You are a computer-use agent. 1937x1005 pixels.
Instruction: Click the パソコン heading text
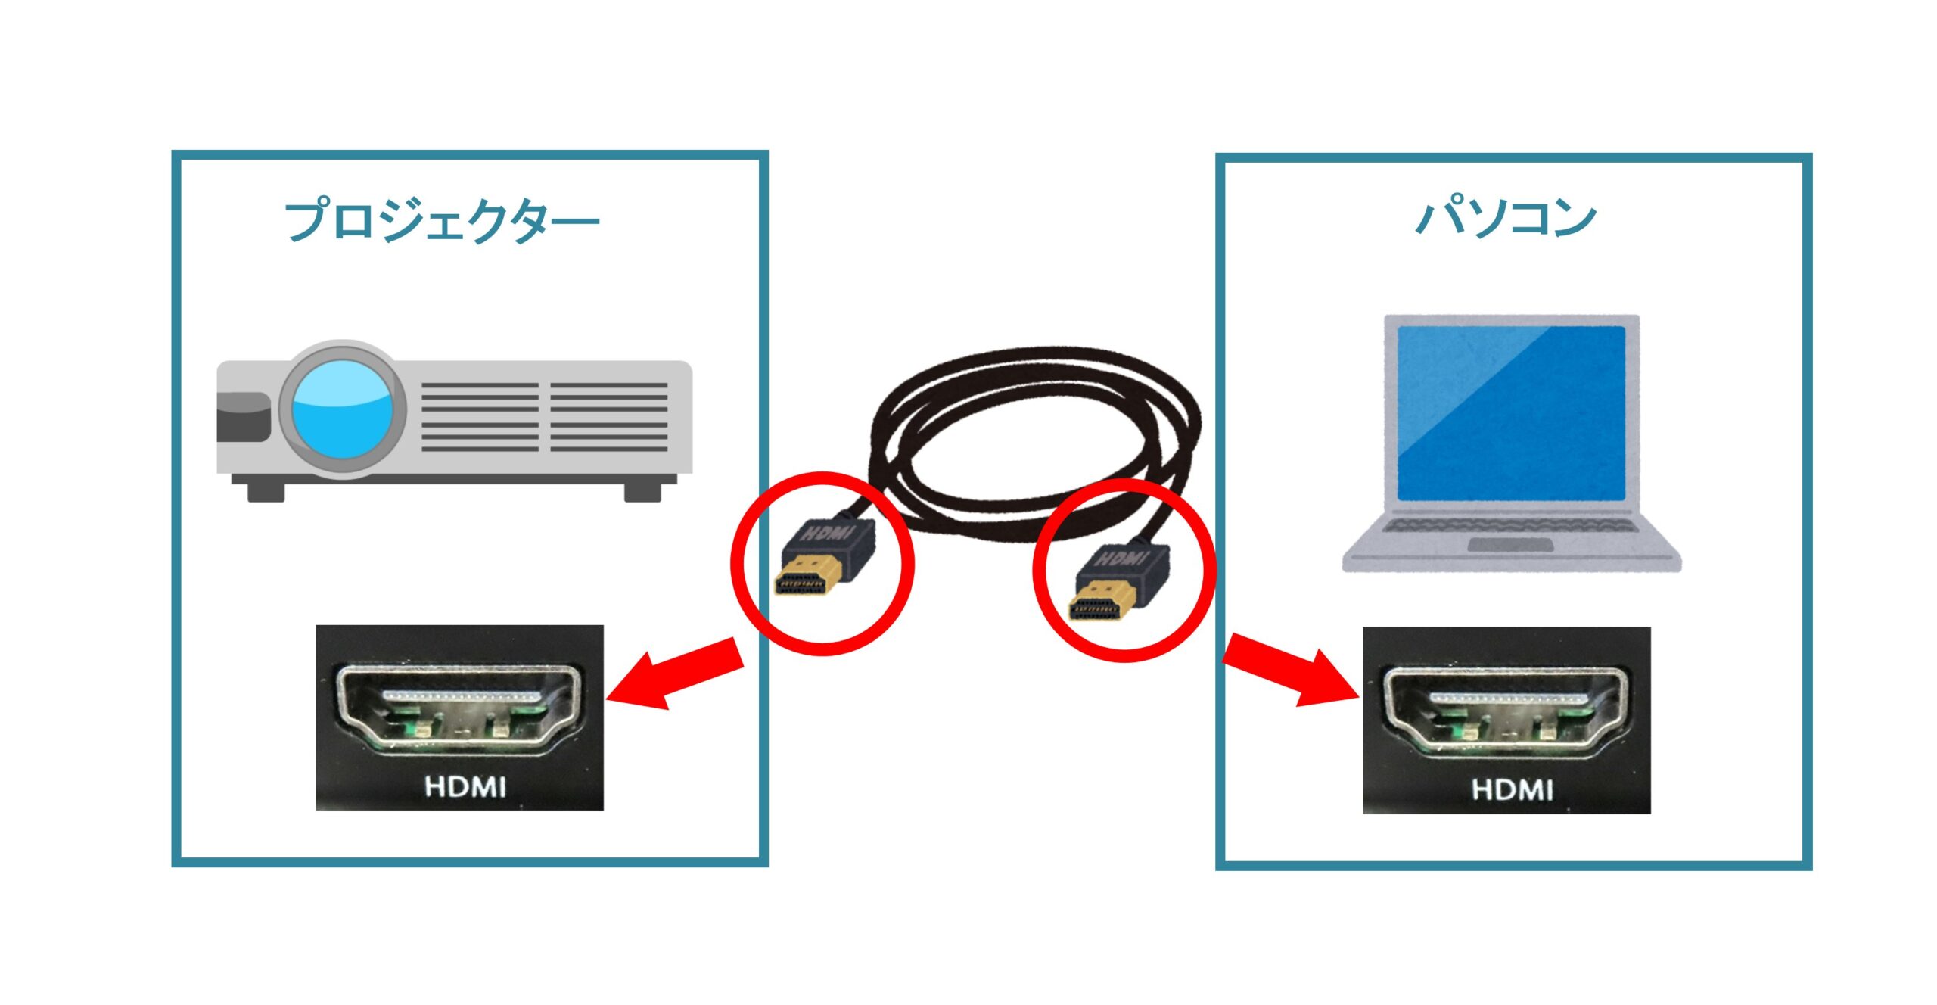(1506, 218)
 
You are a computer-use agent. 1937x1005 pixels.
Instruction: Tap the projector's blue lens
(341, 409)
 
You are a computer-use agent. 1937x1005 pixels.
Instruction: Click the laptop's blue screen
(1510, 412)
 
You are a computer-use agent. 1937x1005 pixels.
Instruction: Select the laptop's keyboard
(1510, 525)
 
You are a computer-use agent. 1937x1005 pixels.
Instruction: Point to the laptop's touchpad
(1510, 544)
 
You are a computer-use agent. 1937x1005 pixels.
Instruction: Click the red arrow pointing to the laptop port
(1289, 671)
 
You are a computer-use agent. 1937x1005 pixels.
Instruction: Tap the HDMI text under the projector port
(465, 786)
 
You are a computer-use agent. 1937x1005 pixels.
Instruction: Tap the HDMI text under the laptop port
(1512, 789)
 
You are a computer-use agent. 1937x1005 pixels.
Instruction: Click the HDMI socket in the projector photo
(459, 708)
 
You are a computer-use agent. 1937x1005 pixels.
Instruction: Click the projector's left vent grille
(480, 417)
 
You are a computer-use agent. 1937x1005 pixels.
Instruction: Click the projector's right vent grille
(608, 417)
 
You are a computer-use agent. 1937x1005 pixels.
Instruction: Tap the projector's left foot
(266, 492)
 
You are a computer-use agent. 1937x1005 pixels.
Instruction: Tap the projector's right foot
(642, 492)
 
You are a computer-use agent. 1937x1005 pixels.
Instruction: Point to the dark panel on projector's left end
(243, 417)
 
